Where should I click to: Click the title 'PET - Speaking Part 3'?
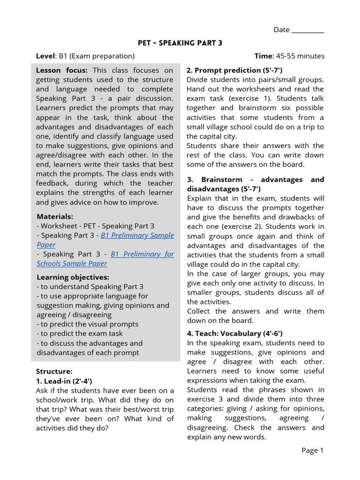click(x=180, y=43)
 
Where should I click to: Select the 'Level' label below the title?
click(x=45, y=56)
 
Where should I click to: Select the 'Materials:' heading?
click(x=55, y=217)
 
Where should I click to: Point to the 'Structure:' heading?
click(x=54, y=372)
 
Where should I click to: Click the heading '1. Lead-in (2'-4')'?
click(x=64, y=381)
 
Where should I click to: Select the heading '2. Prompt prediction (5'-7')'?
click(x=234, y=70)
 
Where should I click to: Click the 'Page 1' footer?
click(x=312, y=450)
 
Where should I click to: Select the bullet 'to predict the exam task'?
click(x=81, y=333)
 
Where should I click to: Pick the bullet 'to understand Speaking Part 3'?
click(x=91, y=286)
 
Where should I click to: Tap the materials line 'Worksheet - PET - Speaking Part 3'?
click(x=97, y=226)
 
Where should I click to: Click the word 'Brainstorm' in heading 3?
click(x=223, y=180)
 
